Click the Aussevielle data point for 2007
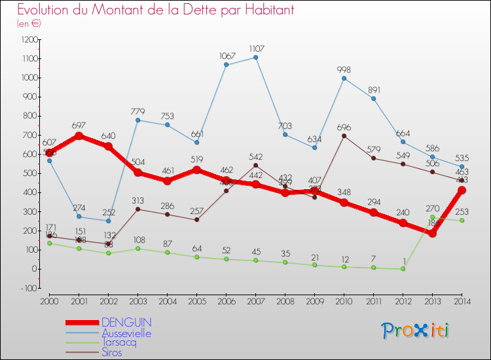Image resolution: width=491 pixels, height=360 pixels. [255, 57]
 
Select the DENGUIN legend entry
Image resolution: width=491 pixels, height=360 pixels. [126, 323]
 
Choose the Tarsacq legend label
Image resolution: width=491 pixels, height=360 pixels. [120, 343]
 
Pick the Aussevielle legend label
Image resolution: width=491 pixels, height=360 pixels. [126, 333]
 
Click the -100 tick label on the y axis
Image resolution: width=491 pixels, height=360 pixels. [27, 287]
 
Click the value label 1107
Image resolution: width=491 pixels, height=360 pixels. [256, 48]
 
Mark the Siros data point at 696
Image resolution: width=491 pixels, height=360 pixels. [344, 135]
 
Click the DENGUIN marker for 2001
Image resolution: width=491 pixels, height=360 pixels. [79, 135]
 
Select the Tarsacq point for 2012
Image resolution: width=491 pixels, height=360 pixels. [403, 268]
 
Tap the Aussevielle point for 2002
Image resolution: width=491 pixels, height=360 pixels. [108, 221]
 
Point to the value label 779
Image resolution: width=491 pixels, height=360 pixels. [138, 111]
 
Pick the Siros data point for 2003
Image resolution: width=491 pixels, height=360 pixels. [137, 209]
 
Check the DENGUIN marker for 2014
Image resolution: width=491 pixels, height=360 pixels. [462, 190]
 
